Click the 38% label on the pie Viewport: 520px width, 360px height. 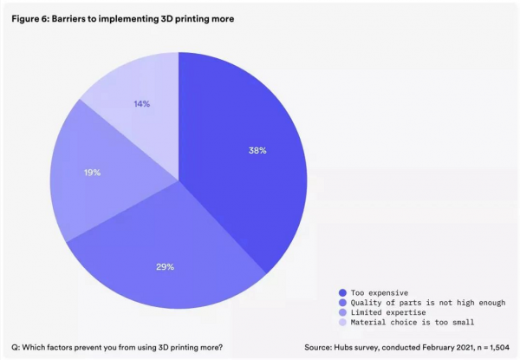[x=257, y=150]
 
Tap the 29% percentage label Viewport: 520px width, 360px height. [x=165, y=267]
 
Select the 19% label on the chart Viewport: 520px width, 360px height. [x=92, y=173]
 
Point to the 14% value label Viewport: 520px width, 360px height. [x=141, y=104]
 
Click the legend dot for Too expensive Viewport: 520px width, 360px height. [x=344, y=292]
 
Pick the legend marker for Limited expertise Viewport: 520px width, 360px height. [x=344, y=311]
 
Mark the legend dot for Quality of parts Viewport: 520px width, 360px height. [x=344, y=302]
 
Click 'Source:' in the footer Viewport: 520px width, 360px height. [x=318, y=347]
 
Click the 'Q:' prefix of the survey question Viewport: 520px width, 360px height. [x=16, y=347]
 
